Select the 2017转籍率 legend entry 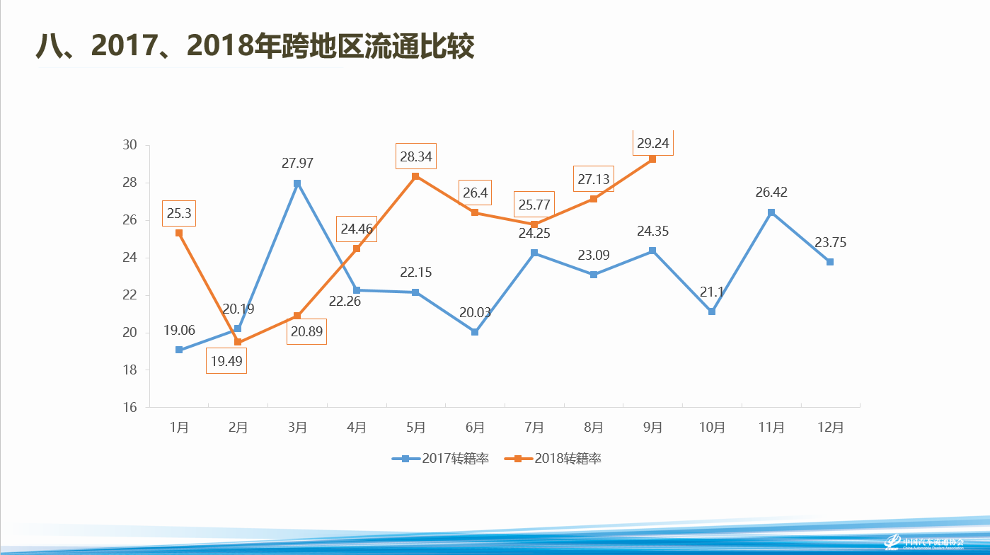pos(440,459)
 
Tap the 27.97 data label pos(297,163)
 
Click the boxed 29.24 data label pos(652,143)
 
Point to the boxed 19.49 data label pos(226,361)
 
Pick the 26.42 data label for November pos(771,192)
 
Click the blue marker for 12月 pos(830,262)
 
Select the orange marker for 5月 pos(415,176)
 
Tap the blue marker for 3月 pos(297,183)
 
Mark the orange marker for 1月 pos(179,233)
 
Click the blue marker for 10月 pos(712,311)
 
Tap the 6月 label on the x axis pos(475,428)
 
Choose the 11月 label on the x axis pos(771,428)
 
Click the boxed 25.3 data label pos(179,212)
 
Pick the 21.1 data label pos(712,292)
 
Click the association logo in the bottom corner pos(923,542)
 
